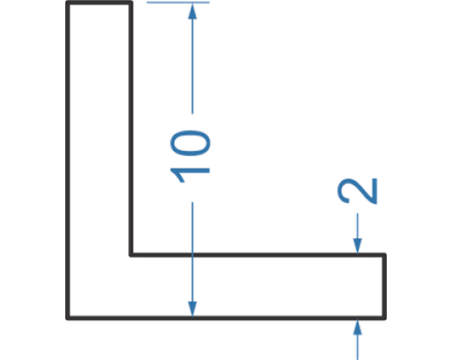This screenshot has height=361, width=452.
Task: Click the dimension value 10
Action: [190, 156]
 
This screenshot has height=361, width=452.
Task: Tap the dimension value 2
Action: [357, 190]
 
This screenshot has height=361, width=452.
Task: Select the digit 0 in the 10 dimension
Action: [190, 143]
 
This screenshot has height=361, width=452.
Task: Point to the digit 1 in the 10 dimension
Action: [190, 175]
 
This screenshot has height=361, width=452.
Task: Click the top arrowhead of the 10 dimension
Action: [193, 11]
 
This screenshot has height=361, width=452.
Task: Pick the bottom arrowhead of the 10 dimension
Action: [193, 309]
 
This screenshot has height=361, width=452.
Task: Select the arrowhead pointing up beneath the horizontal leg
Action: [358, 328]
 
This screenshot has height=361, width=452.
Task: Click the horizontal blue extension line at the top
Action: [178, 3]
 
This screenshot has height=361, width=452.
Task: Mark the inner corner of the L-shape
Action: [131, 255]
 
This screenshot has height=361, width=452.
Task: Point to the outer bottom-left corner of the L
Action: [68, 318]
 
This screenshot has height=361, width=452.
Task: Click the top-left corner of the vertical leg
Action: [68, 3]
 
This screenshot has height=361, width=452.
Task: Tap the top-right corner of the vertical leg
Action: [131, 3]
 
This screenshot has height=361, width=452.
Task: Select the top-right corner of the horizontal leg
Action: [384, 255]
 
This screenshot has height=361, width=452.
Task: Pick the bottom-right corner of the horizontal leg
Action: [384, 318]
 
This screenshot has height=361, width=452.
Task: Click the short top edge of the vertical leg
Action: [99, 3]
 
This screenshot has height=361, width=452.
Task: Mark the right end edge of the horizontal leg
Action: [384, 286]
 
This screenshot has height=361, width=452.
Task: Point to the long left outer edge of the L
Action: [68, 161]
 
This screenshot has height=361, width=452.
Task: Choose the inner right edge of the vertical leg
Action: [131, 129]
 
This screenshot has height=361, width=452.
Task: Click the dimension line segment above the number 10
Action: [193, 59]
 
